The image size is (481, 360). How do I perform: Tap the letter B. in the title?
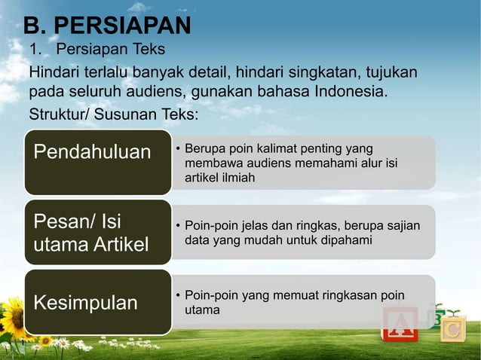click(x=36, y=26)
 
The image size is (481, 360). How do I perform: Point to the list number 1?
click(x=34, y=50)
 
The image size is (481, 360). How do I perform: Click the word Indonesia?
click(x=352, y=93)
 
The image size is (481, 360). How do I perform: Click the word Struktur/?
click(x=57, y=115)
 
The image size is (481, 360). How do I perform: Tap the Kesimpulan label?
click(x=84, y=303)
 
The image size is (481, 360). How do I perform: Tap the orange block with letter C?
click(x=452, y=330)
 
